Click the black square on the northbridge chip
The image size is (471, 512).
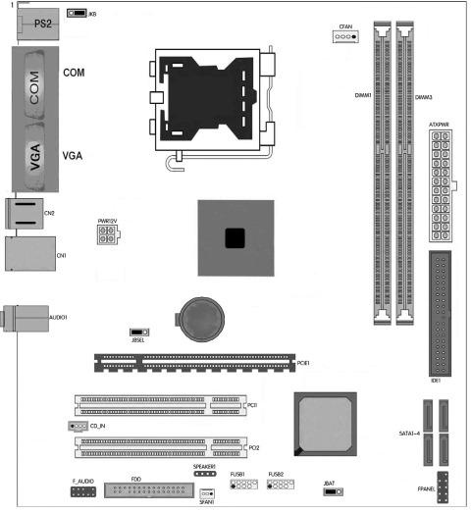pyautogui.click(x=233, y=236)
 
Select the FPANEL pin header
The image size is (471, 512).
pyautogui.click(x=444, y=486)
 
